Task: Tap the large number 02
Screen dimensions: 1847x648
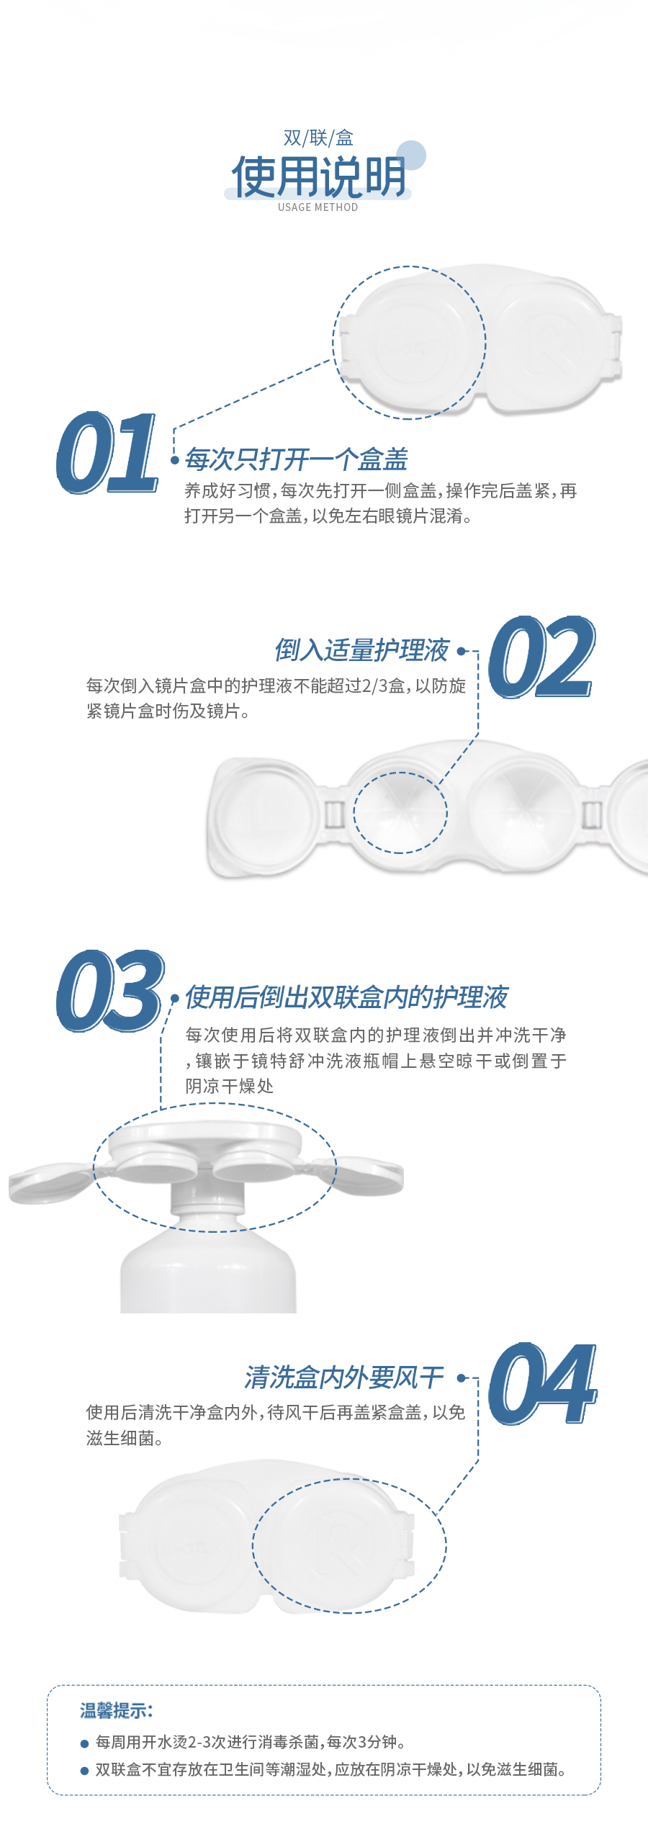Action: point(541,657)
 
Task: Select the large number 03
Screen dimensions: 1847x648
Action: point(109,991)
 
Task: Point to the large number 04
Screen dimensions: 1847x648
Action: point(541,1384)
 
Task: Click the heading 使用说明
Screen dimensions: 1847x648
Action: point(318,176)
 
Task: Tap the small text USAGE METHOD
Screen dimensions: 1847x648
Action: point(318,207)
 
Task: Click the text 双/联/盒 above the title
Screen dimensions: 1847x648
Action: point(318,138)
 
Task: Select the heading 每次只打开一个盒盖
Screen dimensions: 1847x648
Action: point(296,459)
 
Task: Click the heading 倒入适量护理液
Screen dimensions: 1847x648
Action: point(361,650)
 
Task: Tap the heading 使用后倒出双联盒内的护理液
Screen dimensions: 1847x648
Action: point(346,997)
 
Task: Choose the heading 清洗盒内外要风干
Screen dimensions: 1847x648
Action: point(344,1378)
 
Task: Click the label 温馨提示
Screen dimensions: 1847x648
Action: point(116,1711)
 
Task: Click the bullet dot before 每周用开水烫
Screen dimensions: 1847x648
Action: point(84,1744)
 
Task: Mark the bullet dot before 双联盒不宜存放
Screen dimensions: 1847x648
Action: point(84,1771)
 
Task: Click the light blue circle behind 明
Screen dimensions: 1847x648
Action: point(412,154)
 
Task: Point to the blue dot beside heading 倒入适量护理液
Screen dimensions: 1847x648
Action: point(461,651)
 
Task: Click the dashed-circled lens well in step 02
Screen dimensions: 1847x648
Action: point(400,812)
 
